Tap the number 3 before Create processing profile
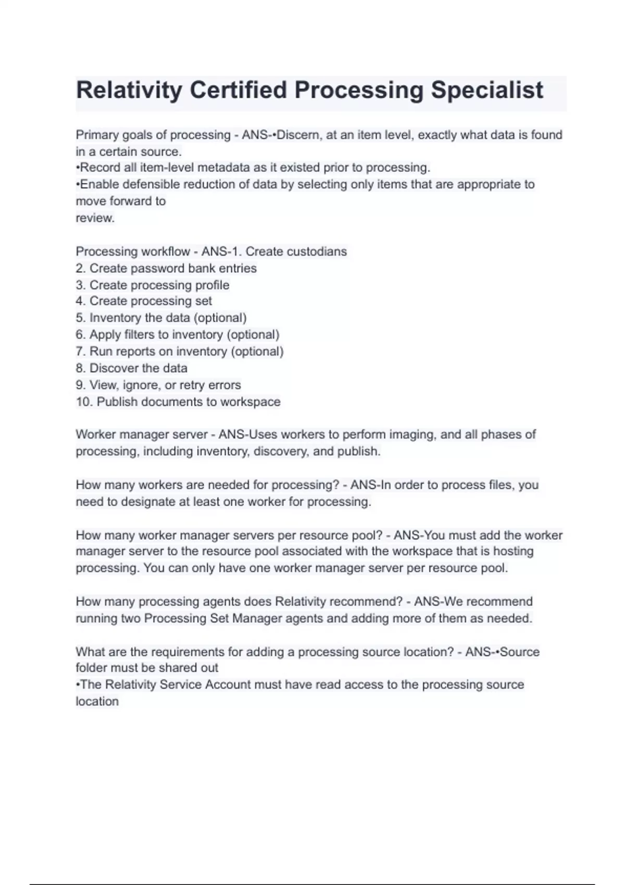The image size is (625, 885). coord(80,285)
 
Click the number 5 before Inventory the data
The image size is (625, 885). coord(80,318)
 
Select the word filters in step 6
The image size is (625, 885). coord(139,334)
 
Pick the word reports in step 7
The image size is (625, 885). coord(137,351)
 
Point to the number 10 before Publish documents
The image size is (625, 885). coord(83,402)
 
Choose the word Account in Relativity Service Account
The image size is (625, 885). coord(228,685)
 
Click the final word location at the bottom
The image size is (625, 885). coord(97,701)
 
